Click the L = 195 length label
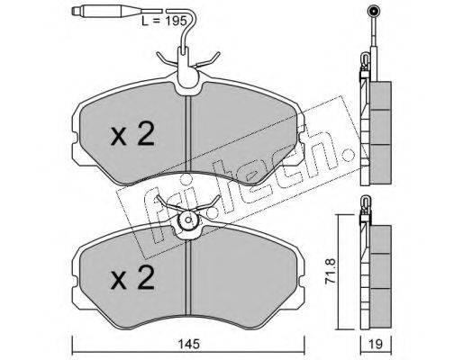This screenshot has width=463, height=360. (x=164, y=21)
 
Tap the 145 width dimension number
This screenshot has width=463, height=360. (x=188, y=344)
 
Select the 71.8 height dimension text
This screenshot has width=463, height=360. (x=331, y=271)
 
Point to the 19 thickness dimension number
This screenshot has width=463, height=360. (x=376, y=344)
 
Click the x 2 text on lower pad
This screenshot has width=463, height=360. (x=132, y=277)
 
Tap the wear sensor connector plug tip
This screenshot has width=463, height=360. (x=76, y=12)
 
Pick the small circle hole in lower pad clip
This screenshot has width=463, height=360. (x=188, y=220)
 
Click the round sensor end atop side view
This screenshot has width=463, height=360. (x=373, y=12)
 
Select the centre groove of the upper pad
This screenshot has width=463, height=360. (x=188, y=134)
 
